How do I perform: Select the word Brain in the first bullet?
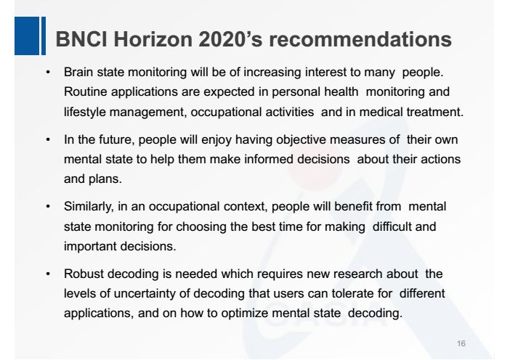click(x=78, y=73)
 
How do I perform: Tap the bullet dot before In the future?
click(x=48, y=139)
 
